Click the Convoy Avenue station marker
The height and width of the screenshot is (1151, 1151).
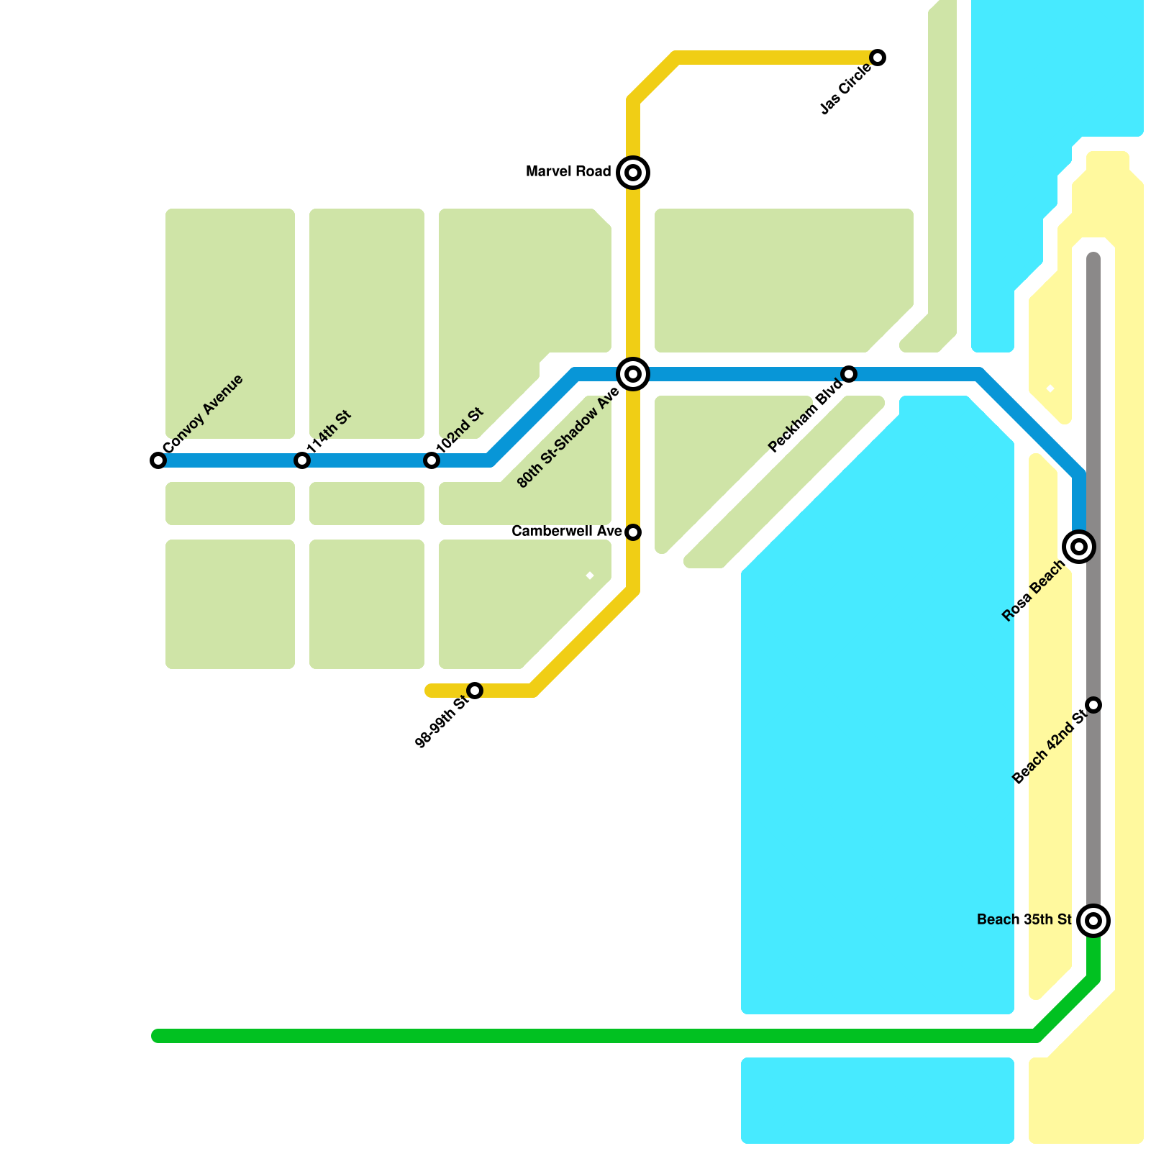pyautogui.click(x=158, y=460)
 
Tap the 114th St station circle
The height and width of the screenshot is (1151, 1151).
pyautogui.click(x=302, y=460)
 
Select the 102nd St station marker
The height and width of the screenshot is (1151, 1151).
pyautogui.click(x=432, y=460)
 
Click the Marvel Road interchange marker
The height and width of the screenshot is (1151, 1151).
pyautogui.click(x=633, y=173)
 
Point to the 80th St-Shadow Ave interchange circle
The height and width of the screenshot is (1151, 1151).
pyautogui.click(x=633, y=374)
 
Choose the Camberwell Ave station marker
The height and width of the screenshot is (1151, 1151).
pyautogui.click(x=633, y=532)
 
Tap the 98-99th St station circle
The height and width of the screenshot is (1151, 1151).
pyautogui.click(x=475, y=691)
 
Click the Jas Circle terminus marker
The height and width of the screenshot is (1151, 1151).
pyautogui.click(x=878, y=58)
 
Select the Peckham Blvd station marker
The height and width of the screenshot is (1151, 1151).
pyautogui.click(x=849, y=374)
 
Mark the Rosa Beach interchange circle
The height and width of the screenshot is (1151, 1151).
pyautogui.click(x=1079, y=547)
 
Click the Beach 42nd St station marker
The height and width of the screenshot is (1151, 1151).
pyautogui.click(x=1093, y=705)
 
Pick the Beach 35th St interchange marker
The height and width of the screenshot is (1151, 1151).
pyautogui.click(x=1093, y=921)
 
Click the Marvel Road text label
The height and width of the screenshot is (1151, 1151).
pyautogui.click(x=568, y=172)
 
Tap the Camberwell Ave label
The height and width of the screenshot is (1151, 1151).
pyautogui.click(x=566, y=532)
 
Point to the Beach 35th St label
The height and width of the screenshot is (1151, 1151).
pyautogui.click(x=1024, y=920)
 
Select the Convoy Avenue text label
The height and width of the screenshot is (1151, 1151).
pyautogui.click(x=203, y=414)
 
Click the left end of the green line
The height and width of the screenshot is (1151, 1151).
pyautogui.click(x=157, y=1036)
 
